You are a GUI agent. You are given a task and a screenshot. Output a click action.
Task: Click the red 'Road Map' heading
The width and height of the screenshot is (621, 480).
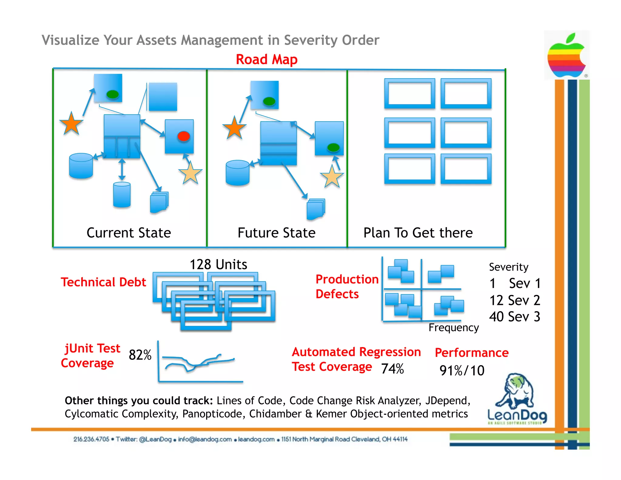pos(267,59)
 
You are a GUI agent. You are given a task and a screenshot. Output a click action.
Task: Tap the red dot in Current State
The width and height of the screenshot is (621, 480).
pos(183,136)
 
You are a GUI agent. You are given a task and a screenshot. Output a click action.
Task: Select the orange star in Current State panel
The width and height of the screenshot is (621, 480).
pos(71,124)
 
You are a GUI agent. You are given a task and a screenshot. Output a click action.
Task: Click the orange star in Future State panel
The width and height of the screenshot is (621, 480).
pos(234,128)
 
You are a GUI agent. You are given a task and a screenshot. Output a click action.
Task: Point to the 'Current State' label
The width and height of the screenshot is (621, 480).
pos(129,233)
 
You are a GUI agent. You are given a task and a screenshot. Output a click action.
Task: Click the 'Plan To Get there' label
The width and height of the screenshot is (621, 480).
pos(418,233)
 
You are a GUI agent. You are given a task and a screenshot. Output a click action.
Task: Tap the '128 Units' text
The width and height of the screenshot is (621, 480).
pos(218,264)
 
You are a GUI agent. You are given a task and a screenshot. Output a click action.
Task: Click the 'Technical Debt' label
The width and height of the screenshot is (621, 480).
pos(103,282)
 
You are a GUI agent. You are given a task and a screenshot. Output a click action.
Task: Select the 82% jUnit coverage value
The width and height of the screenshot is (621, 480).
pos(140,355)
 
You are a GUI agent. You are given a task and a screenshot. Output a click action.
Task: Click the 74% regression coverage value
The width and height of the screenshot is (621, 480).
pos(392,369)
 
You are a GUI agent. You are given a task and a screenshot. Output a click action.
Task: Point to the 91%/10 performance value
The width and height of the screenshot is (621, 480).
pos(462,370)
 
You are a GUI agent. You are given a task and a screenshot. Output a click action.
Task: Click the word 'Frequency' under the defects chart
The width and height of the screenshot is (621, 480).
pos(454,328)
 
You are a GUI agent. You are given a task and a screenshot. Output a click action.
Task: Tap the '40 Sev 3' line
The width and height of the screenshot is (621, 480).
pos(515,317)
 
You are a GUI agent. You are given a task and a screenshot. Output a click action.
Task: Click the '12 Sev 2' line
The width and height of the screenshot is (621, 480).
pos(515,300)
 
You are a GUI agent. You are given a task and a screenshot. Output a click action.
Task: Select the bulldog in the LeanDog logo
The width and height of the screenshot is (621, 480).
pos(515,391)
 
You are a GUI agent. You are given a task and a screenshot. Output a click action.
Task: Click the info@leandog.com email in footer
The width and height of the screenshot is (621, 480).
pos(205,439)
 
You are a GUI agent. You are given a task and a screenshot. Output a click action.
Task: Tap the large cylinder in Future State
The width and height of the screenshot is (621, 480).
pos(237,173)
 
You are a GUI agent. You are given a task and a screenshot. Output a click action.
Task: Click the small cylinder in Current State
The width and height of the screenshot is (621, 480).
pos(122,194)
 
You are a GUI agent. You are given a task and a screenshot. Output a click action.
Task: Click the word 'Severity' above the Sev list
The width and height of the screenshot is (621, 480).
pos(509,267)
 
